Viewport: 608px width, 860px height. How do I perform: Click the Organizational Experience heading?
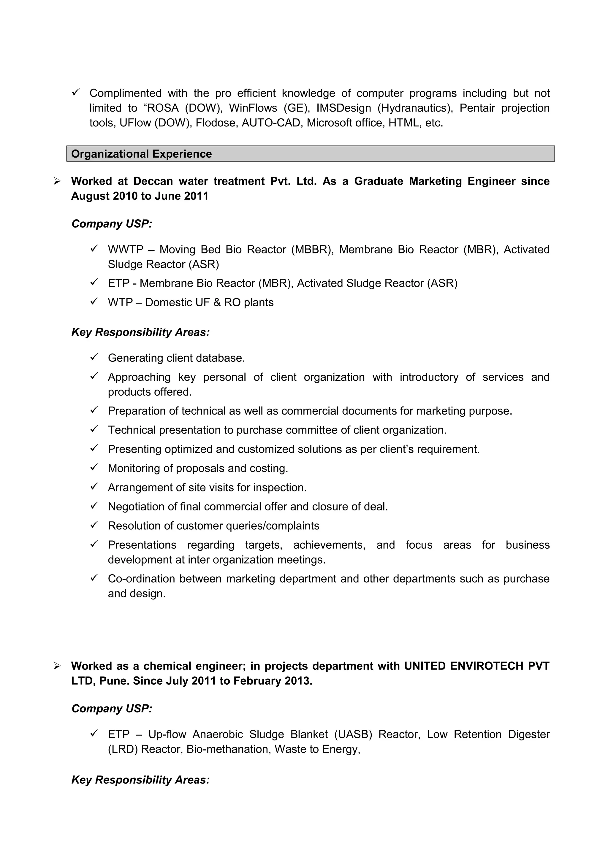pyautogui.click(x=141, y=154)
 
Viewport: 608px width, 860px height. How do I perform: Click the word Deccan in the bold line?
pyautogui.click(x=153, y=181)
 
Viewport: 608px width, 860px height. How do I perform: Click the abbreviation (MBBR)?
pyautogui.click(x=312, y=250)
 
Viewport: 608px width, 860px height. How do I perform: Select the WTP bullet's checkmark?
pyautogui.click(x=94, y=302)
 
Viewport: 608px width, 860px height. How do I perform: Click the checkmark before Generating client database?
pyautogui.click(x=94, y=357)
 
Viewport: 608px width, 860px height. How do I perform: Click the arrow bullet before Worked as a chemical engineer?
pyautogui.click(x=57, y=666)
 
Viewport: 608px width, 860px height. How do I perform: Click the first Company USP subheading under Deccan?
pyautogui.click(x=112, y=224)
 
